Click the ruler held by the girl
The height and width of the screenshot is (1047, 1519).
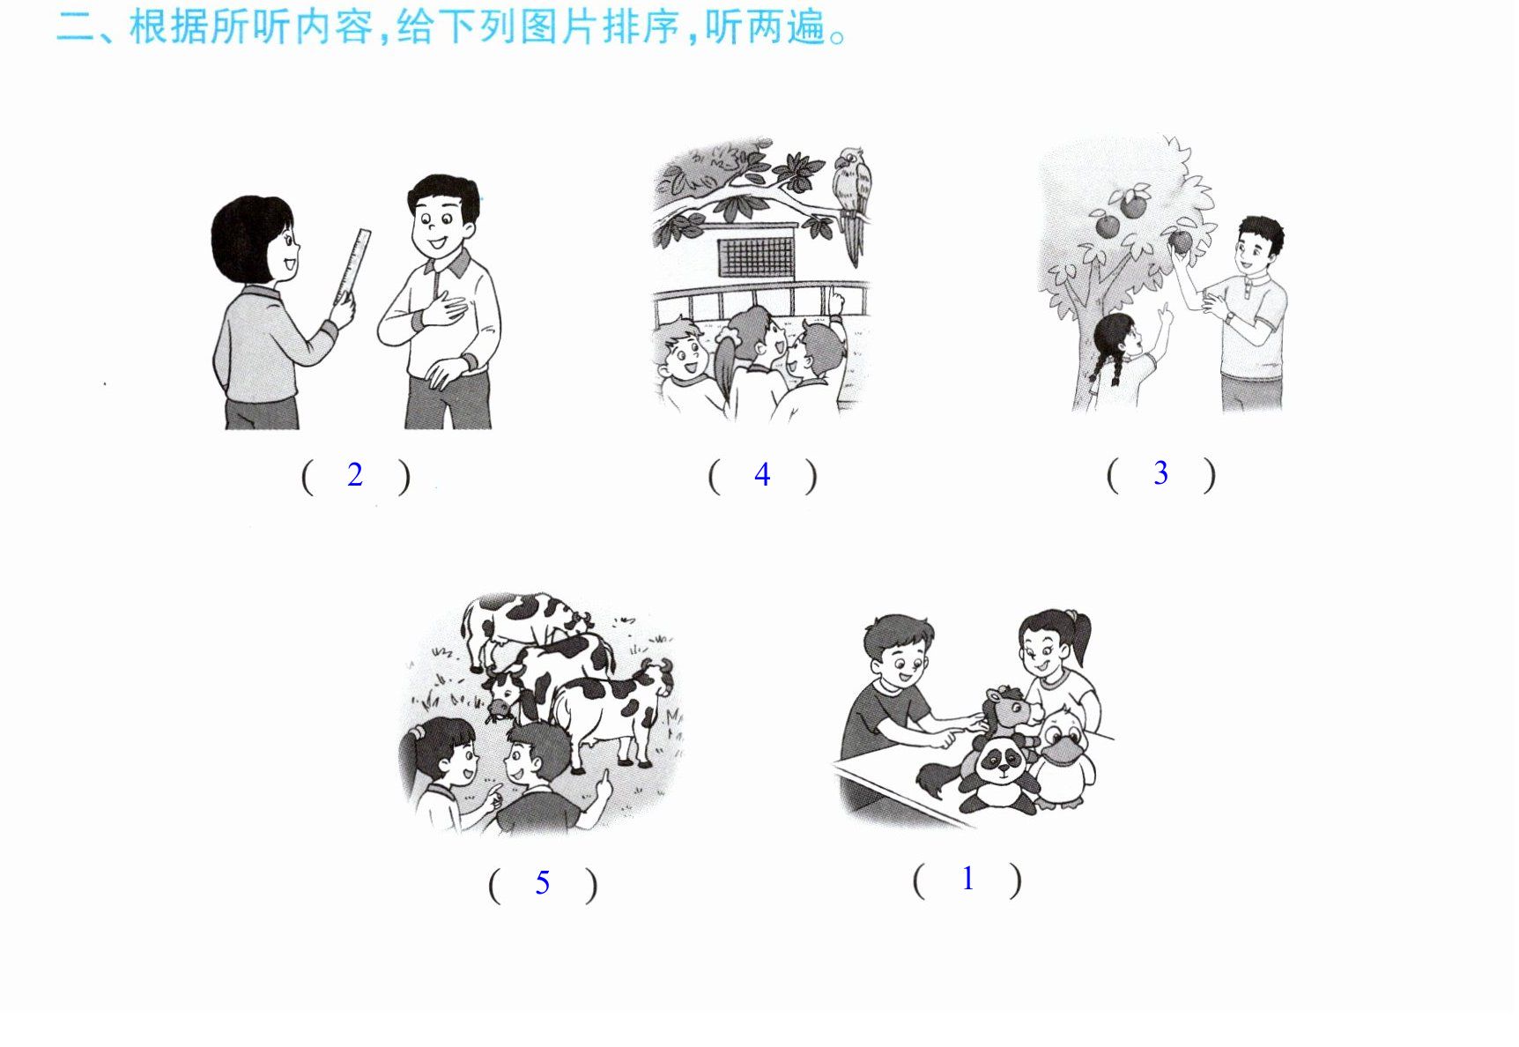[x=351, y=267]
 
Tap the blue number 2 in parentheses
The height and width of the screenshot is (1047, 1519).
[x=355, y=475]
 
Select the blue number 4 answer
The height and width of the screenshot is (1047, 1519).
[x=762, y=475]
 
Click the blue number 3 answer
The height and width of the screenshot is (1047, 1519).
[x=1161, y=473]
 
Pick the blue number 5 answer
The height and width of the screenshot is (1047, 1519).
[x=543, y=882]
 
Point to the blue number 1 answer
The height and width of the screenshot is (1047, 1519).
[x=968, y=879]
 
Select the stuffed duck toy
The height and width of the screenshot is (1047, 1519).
[x=1063, y=757]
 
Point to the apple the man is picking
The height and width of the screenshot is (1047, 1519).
[x=1180, y=240]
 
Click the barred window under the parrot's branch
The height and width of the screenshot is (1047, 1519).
[x=757, y=256]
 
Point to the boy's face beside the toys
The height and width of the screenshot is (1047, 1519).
[x=903, y=663]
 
